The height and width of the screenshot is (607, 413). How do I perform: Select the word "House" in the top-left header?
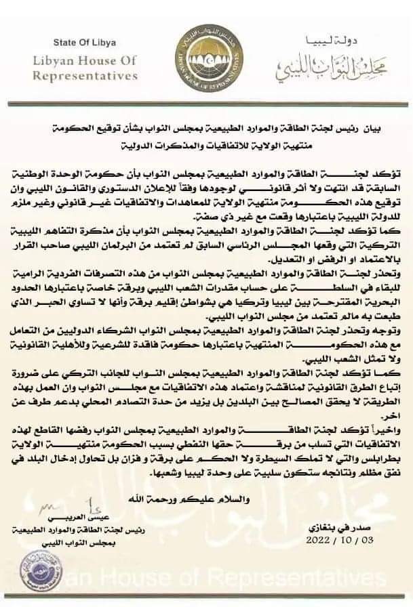[x=102, y=61]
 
